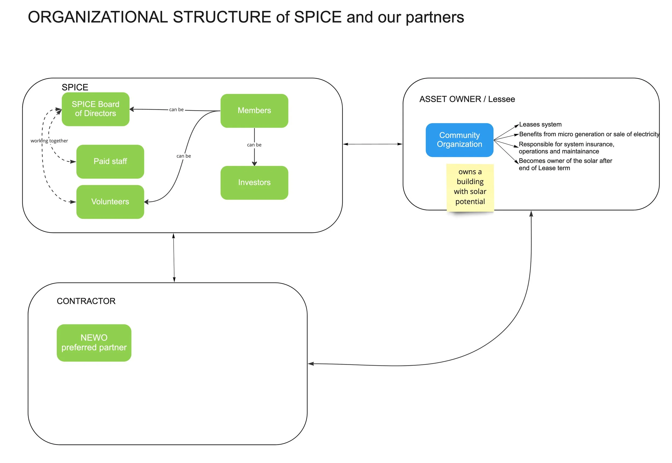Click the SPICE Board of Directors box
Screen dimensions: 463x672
pos(95,109)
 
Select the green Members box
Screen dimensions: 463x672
pos(254,110)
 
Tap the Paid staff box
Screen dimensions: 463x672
pos(110,161)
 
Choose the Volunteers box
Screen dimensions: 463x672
pos(110,202)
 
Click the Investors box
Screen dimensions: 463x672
pos(254,182)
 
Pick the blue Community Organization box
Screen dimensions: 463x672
pos(459,140)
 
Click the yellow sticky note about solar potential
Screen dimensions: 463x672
pos(470,187)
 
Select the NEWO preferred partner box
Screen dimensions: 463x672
pos(94,343)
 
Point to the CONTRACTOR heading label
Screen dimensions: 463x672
pos(86,301)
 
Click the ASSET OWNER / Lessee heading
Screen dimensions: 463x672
pos(467,99)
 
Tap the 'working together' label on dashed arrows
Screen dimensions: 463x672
pos(49,141)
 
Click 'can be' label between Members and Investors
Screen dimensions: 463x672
pos(254,145)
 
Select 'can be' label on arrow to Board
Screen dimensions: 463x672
pos(176,109)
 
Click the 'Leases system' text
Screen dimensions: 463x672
pos(540,124)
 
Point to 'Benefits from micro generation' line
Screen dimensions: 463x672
pos(589,134)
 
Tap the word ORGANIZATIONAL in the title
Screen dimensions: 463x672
pos(98,17)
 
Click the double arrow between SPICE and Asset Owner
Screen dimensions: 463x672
pos(373,144)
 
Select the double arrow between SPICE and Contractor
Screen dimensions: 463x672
pos(174,258)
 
